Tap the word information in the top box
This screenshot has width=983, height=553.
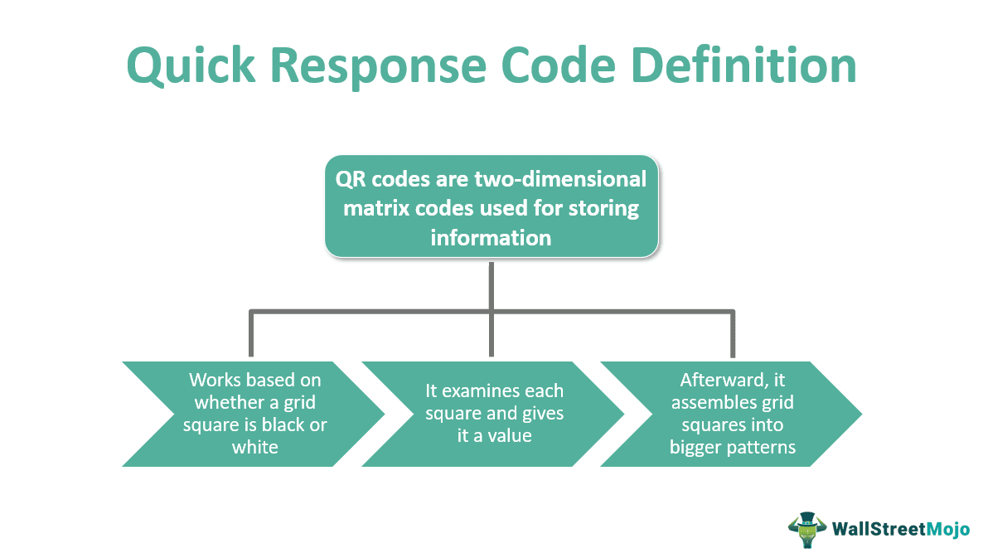point(491,237)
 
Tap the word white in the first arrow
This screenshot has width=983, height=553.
point(254,447)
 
